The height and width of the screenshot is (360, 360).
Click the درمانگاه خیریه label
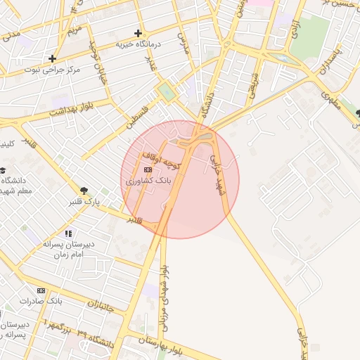[139, 44]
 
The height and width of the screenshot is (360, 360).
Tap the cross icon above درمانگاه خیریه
[138, 33]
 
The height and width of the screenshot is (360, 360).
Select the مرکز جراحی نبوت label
[53, 70]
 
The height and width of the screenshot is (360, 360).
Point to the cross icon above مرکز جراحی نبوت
[52, 58]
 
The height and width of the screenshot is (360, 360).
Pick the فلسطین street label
[138, 117]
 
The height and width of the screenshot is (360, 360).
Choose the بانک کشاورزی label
[148, 181]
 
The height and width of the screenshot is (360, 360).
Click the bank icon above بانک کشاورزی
[148, 169]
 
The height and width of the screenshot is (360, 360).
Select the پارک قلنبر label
[84, 202]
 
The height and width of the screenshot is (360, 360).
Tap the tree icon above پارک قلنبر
[84, 191]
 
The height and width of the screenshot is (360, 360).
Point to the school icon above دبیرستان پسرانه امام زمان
[67, 233]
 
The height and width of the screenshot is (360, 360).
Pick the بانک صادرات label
[41, 301]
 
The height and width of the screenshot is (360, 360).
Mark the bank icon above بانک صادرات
[41, 290]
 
